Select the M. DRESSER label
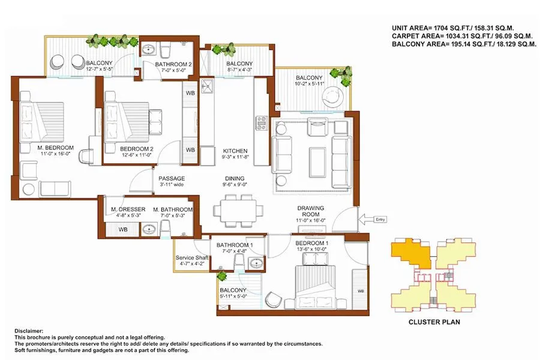pos(125,209)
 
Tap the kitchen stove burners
pos(262,123)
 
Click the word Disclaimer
pos(26,331)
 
